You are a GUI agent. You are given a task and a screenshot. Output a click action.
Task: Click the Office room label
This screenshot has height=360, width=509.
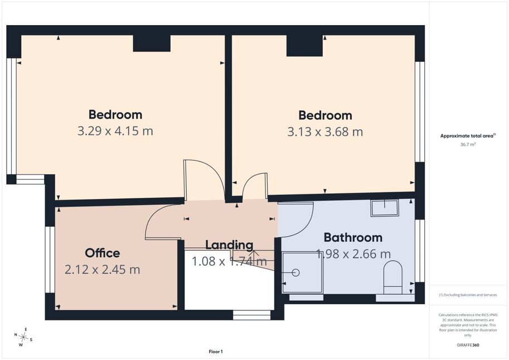pyautogui.click(x=102, y=253)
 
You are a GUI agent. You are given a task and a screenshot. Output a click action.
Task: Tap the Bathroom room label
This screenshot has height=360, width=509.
pyautogui.click(x=353, y=237)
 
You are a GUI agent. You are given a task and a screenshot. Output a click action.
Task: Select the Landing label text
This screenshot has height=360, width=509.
pyautogui.click(x=229, y=245)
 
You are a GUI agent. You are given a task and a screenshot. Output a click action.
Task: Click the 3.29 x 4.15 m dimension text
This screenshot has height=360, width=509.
pyautogui.click(x=115, y=131)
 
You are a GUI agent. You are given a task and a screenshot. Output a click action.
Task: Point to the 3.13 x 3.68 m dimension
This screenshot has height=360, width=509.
pyautogui.click(x=325, y=132)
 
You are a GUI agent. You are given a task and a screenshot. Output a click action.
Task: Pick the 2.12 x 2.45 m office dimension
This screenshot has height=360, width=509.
pyautogui.click(x=102, y=269)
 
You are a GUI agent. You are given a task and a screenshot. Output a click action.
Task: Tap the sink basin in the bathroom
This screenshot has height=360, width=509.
pyautogui.click(x=385, y=208)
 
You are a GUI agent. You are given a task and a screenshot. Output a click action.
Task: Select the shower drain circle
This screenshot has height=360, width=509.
pyautogui.click(x=295, y=273)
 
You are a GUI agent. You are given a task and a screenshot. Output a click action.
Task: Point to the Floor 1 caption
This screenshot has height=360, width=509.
pyautogui.click(x=216, y=352)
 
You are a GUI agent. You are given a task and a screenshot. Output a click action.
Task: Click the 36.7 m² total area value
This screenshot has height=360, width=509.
pyautogui.click(x=468, y=144)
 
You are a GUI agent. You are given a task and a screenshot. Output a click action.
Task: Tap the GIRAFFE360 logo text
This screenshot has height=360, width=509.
pyautogui.click(x=468, y=345)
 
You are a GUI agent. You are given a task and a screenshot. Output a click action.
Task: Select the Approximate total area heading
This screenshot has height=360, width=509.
pyautogui.click(x=468, y=136)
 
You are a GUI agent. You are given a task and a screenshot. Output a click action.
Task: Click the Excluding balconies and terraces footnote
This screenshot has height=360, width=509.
pyautogui.click(x=468, y=295)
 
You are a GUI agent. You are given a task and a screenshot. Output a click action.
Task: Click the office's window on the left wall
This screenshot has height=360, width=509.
pyautogui.click(x=50, y=260)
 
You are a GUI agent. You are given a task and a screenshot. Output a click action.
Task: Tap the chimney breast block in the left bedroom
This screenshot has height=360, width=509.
pyautogui.click(x=152, y=43)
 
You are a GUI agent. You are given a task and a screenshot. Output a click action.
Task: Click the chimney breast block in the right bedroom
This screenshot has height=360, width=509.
pyautogui.click(x=304, y=46)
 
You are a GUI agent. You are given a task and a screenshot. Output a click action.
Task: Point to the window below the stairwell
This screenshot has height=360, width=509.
pyautogui.click(x=251, y=315)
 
